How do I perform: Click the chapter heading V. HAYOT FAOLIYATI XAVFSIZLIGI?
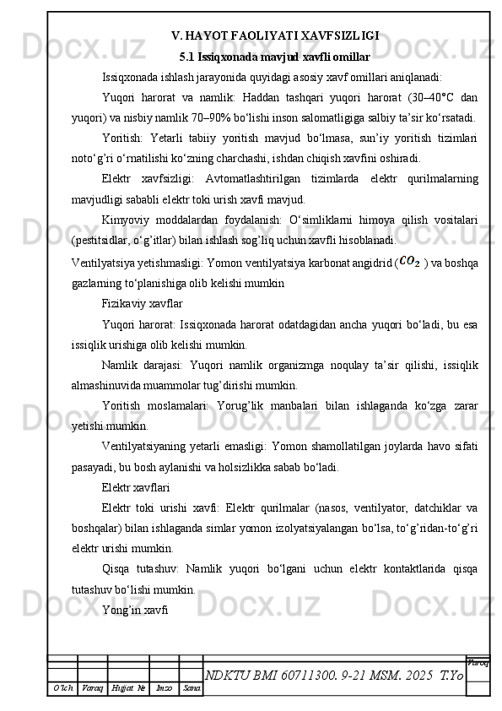pos(275,35)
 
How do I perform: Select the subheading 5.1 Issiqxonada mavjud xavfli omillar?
pos(275,57)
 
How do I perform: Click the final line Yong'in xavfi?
pos(134,608)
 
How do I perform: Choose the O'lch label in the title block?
pos(64,690)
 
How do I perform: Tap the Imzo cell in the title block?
pos(165,690)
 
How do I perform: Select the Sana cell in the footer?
pos(192,690)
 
